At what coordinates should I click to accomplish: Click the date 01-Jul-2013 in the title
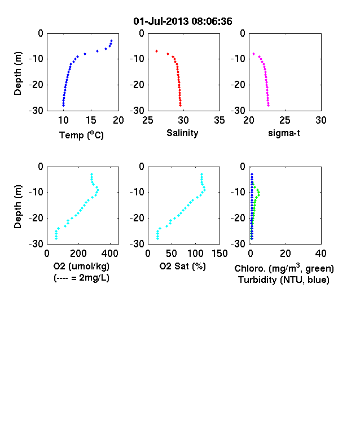(x=161, y=21)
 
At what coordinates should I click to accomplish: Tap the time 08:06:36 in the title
(x=212, y=21)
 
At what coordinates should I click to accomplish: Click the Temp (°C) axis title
(x=81, y=135)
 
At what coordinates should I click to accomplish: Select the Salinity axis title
(x=182, y=133)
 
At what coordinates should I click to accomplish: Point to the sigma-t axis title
(x=284, y=133)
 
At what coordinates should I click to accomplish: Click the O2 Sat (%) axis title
(x=183, y=266)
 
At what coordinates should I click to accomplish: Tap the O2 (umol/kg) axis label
(x=81, y=266)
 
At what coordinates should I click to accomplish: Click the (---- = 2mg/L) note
(x=81, y=277)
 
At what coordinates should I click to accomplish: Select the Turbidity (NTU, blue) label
(x=284, y=280)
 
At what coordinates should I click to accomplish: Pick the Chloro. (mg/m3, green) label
(x=284, y=268)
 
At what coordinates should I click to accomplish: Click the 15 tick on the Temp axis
(x=91, y=120)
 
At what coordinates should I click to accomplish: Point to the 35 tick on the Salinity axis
(x=219, y=120)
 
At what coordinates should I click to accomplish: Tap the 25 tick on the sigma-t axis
(x=284, y=120)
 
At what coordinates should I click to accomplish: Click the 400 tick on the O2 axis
(x=110, y=254)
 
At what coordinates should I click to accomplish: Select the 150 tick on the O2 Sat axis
(x=219, y=254)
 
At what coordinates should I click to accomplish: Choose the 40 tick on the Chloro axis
(x=321, y=254)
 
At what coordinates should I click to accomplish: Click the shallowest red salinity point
(x=156, y=51)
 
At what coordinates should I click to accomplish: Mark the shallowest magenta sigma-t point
(x=254, y=54)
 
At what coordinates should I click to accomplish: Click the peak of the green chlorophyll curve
(x=258, y=193)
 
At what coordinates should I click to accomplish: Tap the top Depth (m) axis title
(x=17, y=73)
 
